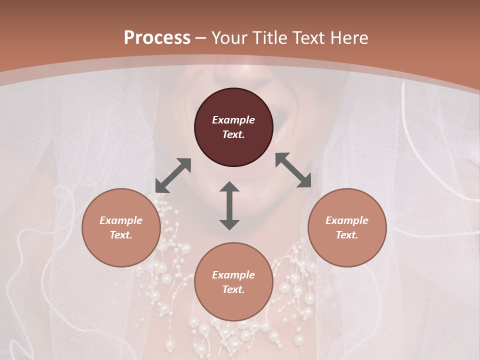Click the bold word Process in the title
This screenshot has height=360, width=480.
point(157,38)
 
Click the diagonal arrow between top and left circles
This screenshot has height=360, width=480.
point(173,175)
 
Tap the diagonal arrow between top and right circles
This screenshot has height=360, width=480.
point(293,170)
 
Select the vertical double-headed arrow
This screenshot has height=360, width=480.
point(229,205)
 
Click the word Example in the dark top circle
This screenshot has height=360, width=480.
point(233,120)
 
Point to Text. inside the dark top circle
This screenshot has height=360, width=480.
point(233,134)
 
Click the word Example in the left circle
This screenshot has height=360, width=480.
point(121,220)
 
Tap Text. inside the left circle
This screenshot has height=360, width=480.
point(121,235)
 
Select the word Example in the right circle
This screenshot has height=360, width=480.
point(347,220)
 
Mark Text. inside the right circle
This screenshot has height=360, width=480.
point(347,235)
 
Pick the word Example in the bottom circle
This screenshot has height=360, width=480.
point(233,275)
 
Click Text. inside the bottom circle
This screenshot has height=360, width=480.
point(233,289)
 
